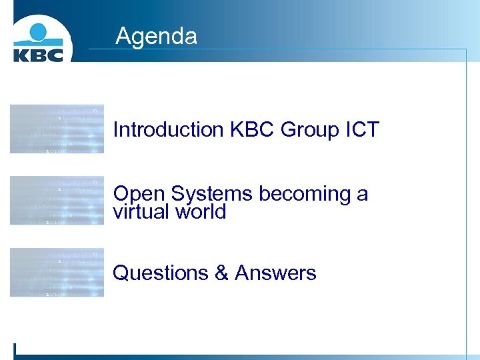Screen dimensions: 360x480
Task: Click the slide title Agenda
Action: pos(156,35)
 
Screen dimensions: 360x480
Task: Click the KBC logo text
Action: pos(38,53)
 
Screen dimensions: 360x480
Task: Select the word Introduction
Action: pos(169,129)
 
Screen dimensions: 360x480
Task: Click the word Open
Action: pos(139,194)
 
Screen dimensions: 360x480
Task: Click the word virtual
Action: pos(141,212)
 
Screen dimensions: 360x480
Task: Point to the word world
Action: pos(201,212)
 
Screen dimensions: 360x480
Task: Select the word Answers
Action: pos(275,273)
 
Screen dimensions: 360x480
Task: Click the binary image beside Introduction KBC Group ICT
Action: pos(57,129)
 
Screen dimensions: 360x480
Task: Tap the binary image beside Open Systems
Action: pos(57,200)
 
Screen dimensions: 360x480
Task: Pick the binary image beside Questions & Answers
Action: pos(57,272)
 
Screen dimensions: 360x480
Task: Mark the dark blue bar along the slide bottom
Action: pos(240,357)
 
